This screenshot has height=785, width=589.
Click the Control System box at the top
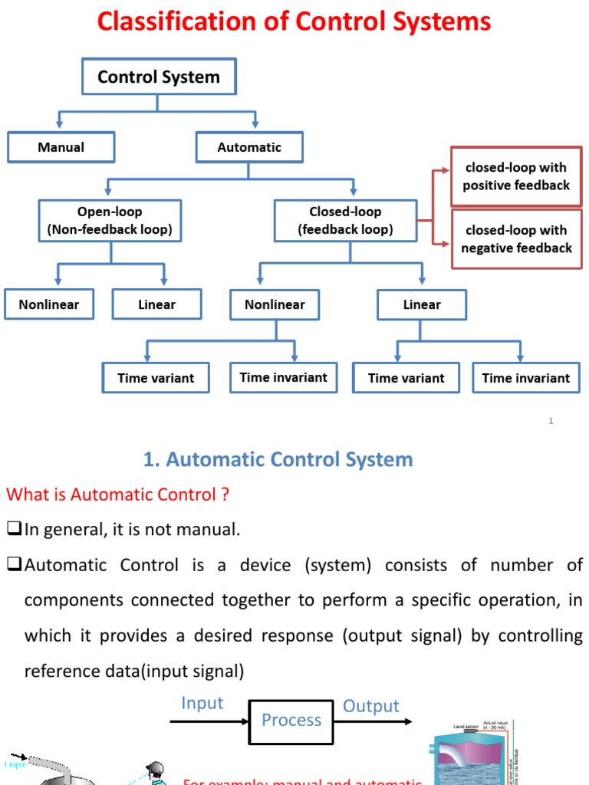159,77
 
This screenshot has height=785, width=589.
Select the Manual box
61,147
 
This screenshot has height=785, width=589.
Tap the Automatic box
249,147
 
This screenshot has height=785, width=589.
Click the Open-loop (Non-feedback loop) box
110,220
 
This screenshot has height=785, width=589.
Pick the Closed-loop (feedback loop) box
345,220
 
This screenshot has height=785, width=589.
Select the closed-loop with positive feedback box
516,176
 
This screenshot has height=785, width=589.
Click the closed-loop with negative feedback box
516,239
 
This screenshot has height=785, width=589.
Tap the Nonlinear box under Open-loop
49,304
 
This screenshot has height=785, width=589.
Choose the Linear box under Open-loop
156,304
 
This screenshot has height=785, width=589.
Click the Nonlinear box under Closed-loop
275,304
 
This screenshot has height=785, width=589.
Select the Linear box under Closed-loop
422,304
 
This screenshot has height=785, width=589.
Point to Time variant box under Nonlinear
156,378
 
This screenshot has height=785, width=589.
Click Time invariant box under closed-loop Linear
525,378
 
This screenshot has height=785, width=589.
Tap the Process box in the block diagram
291,720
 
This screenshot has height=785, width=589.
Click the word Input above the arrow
202,703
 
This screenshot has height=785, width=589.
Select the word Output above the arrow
371,706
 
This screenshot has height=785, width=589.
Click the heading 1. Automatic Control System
278,459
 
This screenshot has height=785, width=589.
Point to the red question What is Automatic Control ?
117,494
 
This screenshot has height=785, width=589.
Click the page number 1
551,421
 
